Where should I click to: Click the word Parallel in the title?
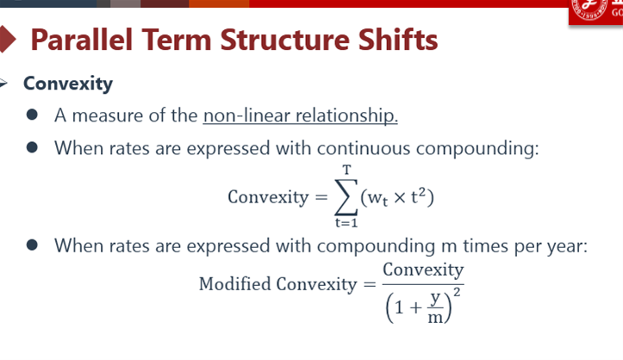click(x=82, y=40)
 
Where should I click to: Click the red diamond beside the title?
click(x=8, y=40)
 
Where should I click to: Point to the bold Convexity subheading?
click(x=68, y=84)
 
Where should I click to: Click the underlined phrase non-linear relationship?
click(x=301, y=116)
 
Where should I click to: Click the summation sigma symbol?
click(x=346, y=197)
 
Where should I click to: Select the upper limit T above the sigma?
click(x=347, y=171)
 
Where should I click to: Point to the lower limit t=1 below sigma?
click(x=346, y=223)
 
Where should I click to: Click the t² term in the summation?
click(x=418, y=196)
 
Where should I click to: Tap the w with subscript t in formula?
click(x=377, y=198)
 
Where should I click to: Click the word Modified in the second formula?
click(x=235, y=284)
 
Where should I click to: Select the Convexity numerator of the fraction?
click(x=423, y=270)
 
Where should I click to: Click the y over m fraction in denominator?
click(x=435, y=307)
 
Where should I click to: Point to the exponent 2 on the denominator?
click(x=457, y=293)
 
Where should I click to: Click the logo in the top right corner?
click(x=595, y=12)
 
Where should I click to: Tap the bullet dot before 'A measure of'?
click(x=32, y=115)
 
